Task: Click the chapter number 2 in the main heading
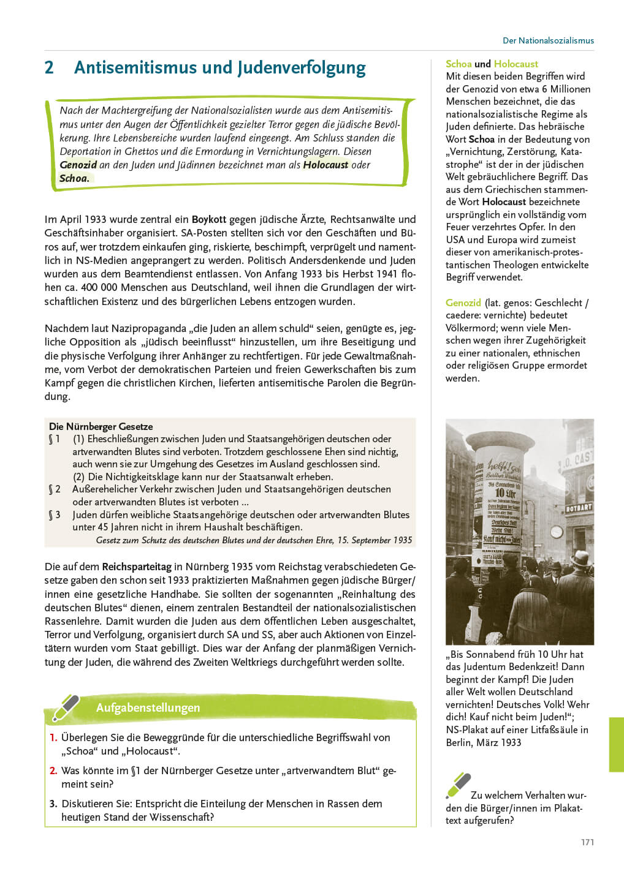[x=50, y=67]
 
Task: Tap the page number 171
[x=587, y=842]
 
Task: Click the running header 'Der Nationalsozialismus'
[x=548, y=40]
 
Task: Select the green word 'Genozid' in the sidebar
[x=463, y=303]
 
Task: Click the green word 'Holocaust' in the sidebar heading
[x=516, y=64]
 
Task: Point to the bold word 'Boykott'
[x=209, y=219]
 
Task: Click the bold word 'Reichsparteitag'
[x=137, y=567]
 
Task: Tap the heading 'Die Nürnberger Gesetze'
[x=101, y=426]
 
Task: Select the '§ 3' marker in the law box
[x=55, y=514]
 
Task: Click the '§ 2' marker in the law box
[x=55, y=489]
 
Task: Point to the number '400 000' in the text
[x=97, y=287]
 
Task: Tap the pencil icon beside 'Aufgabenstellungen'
[x=66, y=707]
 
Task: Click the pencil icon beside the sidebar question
[x=458, y=785]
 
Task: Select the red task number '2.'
[x=53, y=771]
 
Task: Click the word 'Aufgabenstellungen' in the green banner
[x=148, y=707]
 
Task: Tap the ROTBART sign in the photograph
[x=578, y=508]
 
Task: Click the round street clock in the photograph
[x=557, y=531]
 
